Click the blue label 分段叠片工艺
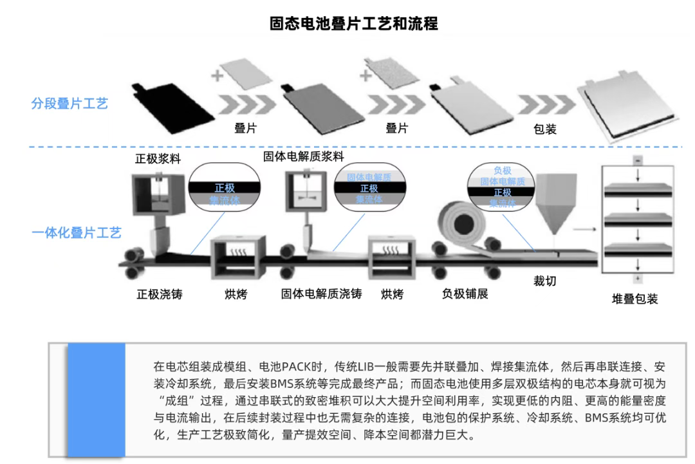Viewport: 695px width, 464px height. [x=69, y=104]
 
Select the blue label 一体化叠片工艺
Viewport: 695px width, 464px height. [x=76, y=233]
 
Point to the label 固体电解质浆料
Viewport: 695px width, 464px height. [x=303, y=157]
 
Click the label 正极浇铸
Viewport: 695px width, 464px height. [x=160, y=295]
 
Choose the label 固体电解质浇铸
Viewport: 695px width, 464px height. [x=321, y=294]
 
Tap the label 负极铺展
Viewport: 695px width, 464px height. [x=465, y=294]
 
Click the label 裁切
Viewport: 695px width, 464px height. [x=544, y=281]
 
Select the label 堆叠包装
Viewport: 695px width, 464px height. [x=635, y=299]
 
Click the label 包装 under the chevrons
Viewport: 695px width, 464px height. [x=545, y=129]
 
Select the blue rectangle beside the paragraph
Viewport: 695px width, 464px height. [x=96, y=400]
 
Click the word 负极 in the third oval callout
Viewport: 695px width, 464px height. [x=502, y=171]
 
